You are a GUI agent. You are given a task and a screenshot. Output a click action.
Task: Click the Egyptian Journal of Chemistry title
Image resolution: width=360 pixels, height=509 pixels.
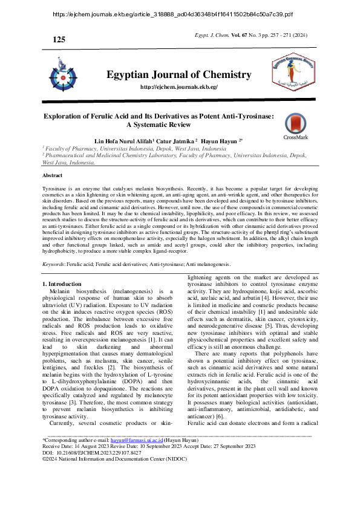178,75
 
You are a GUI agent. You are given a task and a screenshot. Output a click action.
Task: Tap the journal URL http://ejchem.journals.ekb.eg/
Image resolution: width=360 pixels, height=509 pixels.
178,87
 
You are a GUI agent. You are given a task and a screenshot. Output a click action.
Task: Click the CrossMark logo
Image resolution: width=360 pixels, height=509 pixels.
295,126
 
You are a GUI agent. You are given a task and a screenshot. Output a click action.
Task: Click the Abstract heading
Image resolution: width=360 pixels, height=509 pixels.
52,175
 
